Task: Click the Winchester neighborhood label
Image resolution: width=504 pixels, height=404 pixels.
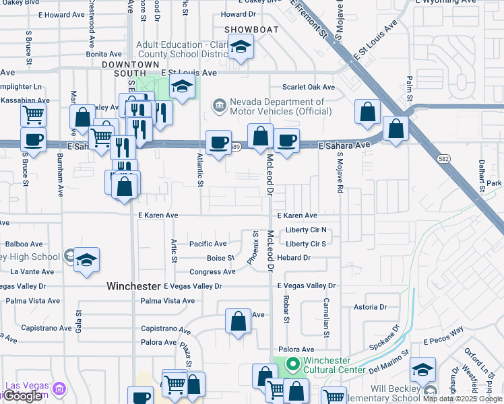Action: (133, 286)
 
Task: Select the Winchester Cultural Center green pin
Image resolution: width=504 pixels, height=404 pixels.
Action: (292, 365)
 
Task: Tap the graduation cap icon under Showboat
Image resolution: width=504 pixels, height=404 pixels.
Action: (240, 48)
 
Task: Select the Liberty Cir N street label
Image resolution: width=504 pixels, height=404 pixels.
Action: (306, 230)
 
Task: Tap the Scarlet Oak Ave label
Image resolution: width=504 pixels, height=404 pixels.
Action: (309, 88)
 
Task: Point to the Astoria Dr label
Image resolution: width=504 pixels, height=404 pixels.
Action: (370, 307)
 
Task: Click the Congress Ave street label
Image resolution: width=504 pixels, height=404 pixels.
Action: (212, 272)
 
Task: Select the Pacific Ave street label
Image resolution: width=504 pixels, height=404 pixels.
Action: (208, 244)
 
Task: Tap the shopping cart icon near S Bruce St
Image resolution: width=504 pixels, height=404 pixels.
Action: (32, 114)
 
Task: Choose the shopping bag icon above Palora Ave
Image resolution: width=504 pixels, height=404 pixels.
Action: (238, 321)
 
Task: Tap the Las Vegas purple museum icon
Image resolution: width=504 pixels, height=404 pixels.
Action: (59, 389)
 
